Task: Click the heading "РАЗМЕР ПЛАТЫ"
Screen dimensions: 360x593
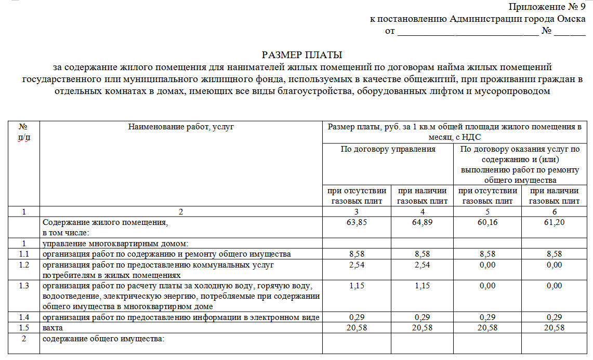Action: coord(302,55)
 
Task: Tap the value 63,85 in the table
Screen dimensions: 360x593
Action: coord(356,222)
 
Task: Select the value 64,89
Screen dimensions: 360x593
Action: coord(422,222)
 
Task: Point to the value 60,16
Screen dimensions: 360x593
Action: coord(487,222)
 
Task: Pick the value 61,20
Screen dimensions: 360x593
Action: coord(554,222)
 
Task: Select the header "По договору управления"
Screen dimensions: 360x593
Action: coord(388,149)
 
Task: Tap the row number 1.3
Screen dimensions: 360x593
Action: coord(23,286)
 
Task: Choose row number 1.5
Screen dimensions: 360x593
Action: coord(23,328)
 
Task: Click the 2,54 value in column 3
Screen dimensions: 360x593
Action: coord(356,265)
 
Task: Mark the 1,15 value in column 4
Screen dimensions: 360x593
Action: coord(422,286)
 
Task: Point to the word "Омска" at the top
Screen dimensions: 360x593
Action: coord(571,19)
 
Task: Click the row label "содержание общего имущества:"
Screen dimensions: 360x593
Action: coord(103,339)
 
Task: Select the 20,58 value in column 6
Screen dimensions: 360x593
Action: coord(554,328)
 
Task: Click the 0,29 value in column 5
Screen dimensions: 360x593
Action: coord(487,317)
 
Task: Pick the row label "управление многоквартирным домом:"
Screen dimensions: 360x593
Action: coord(115,243)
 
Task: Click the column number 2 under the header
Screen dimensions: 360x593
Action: coord(181,212)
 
